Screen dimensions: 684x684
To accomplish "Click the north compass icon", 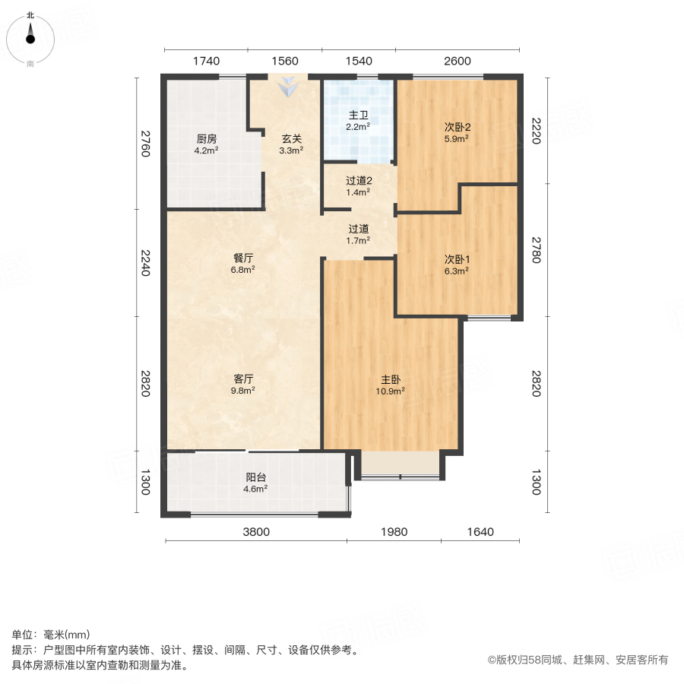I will (x=30, y=36).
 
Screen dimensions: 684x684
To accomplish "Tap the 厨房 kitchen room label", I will (x=207, y=139).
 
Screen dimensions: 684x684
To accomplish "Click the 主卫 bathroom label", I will (x=358, y=116).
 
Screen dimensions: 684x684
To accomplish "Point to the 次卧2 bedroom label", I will (x=457, y=127).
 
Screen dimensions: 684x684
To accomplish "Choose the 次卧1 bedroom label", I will (x=457, y=258).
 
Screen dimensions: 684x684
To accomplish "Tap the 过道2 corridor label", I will (x=358, y=181).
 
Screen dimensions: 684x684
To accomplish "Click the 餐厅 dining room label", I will (x=243, y=258).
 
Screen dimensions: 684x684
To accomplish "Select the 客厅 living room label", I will (x=243, y=378).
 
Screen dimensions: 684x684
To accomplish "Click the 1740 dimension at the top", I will (x=206, y=62).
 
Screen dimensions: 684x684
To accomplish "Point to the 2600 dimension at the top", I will (x=458, y=62).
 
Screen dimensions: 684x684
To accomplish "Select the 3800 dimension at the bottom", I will (x=256, y=532).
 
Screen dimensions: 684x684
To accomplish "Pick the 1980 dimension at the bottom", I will (x=394, y=532).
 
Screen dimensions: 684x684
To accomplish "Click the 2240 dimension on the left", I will (x=145, y=264).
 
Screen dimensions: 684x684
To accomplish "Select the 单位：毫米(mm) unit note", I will (x=50, y=635).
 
